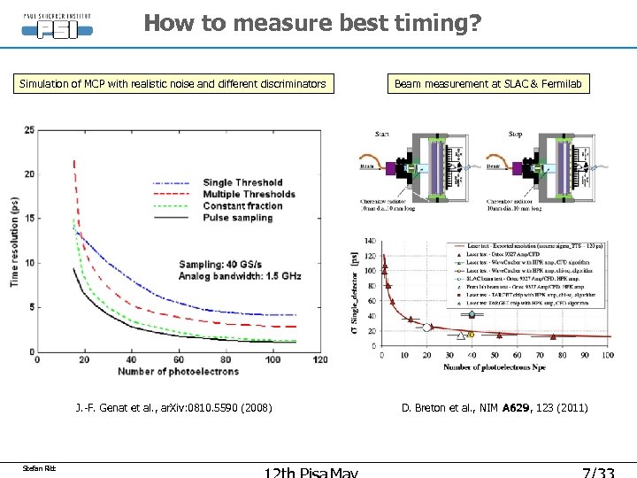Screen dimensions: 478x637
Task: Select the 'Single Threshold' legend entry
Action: [242, 183]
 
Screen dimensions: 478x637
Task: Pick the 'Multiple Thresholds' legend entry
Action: [249, 194]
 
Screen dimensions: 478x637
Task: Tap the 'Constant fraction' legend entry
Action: [242, 205]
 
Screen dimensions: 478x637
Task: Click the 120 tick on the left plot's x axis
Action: [319, 359]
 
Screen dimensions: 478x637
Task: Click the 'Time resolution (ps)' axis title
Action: [15, 240]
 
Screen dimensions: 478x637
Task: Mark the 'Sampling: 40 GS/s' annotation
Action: [223, 264]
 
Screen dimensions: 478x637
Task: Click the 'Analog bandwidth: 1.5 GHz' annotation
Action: [240, 276]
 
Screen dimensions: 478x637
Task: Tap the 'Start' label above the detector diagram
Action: [382, 135]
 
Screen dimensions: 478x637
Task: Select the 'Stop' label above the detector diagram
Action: [517, 135]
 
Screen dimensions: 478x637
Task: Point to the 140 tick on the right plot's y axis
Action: [369, 240]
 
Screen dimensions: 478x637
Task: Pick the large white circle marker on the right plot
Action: [427, 328]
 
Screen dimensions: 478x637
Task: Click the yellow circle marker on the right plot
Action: [472, 335]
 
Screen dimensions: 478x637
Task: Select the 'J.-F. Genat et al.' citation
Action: [173, 408]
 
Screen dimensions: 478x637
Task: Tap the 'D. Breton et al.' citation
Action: [494, 408]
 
